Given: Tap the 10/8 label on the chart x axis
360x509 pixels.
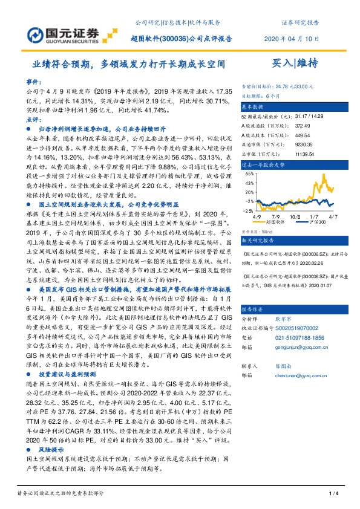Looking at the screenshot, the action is click(295, 214).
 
